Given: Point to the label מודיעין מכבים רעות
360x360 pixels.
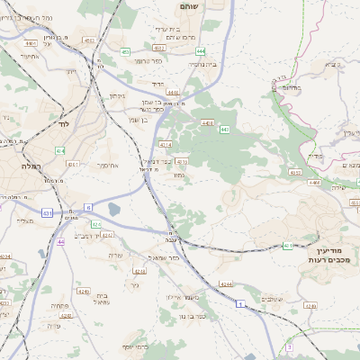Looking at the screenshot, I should pyautogui.click(x=333, y=254).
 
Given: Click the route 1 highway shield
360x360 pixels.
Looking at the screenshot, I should pyautogui.click(x=240, y=305).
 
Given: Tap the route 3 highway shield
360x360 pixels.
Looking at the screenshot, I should pyautogui.click(x=289, y=346).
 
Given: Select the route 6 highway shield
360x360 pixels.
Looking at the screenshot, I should pyautogui.click(x=88, y=207).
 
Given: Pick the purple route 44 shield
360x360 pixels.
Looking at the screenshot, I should pyautogui.click(x=60, y=242).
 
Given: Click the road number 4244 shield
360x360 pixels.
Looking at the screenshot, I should pyautogui.click(x=226, y=284).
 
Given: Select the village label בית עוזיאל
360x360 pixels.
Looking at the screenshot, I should pyautogui.click(x=101, y=299).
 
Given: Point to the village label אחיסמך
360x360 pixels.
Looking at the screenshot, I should pyautogui.click(x=107, y=166).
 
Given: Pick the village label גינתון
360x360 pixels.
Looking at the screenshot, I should pyautogui.click(x=116, y=95).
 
